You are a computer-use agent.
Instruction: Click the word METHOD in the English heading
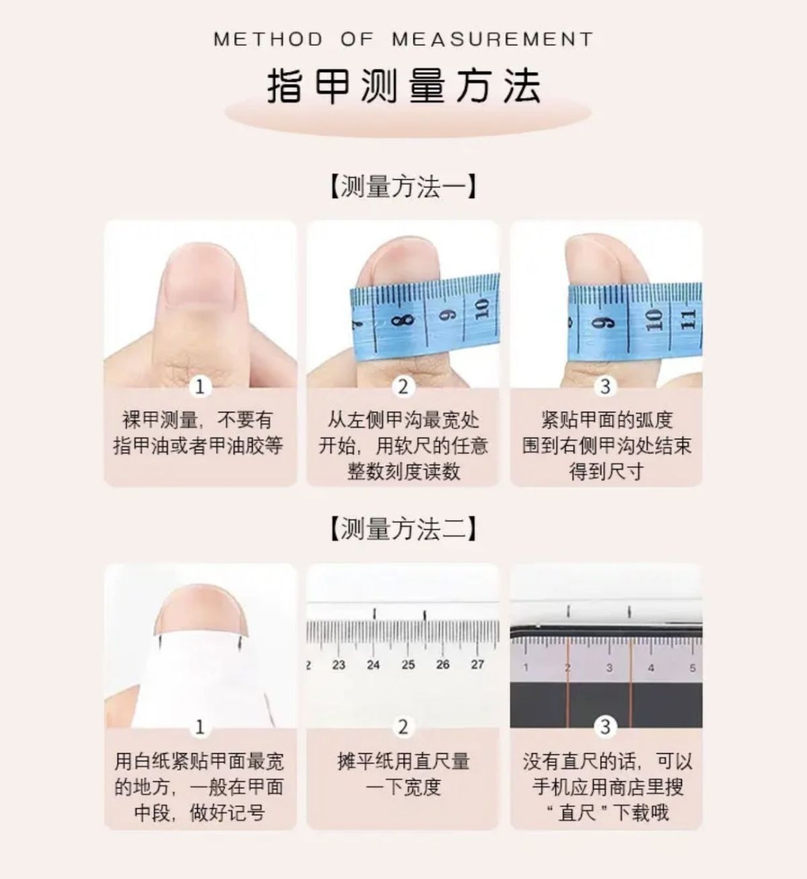tap(268, 40)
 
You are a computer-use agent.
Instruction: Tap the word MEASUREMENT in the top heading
tap(493, 40)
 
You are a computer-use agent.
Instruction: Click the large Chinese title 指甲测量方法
tap(403, 86)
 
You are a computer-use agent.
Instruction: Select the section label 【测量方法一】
tap(403, 186)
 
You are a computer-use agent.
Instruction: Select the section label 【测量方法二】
tap(403, 528)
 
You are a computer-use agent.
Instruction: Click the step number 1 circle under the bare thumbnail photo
tap(200, 386)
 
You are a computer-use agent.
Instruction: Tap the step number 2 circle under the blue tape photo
tap(403, 386)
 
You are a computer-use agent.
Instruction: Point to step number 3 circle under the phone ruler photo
tap(605, 728)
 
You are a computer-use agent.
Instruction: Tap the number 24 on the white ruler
tap(373, 665)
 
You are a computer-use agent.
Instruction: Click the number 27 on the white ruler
tap(477, 665)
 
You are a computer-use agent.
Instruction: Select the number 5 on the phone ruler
tap(693, 668)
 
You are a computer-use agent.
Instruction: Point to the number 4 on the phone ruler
tap(651, 668)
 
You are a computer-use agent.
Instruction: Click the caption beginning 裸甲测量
tap(198, 433)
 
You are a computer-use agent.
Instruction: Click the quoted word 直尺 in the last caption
tap(577, 813)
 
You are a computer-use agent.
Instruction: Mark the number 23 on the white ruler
tap(338, 665)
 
